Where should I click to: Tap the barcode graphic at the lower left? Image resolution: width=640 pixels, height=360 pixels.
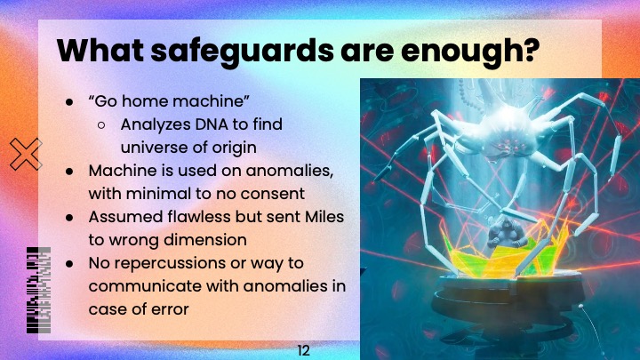(38, 289)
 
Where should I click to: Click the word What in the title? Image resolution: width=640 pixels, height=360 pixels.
(97, 52)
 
